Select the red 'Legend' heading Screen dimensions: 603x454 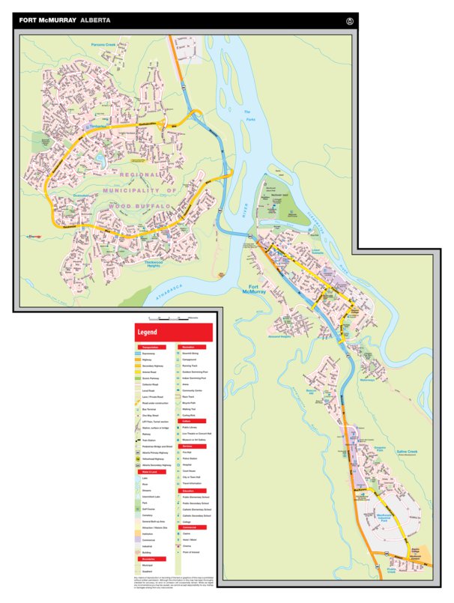pyautogui.click(x=146, y=332)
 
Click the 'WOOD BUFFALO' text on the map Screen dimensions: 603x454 pyautogui.click(x=138, y=203)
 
